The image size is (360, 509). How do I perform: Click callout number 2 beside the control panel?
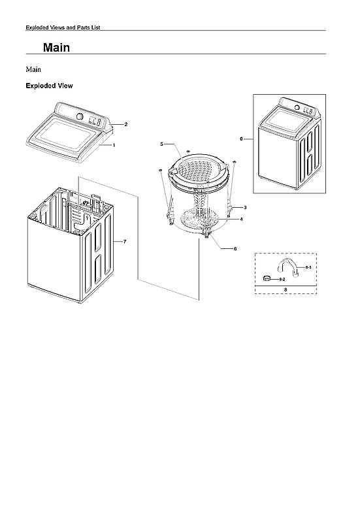[125, 124]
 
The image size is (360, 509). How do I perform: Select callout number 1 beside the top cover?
[114, 145]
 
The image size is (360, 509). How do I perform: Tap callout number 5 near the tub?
[161, 143]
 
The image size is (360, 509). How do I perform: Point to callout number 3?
[245, 207]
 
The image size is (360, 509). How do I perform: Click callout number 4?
[241, 220]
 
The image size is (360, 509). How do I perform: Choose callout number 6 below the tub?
[235, 249]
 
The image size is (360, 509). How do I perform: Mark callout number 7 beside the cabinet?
[124, 242]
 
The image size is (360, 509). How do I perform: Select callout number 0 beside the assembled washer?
[241, 139]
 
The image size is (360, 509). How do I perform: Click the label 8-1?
[309, 268]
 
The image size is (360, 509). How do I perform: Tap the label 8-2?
[282, 280]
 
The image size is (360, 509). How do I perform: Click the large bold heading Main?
[56, 48]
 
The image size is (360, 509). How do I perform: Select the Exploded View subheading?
[49, 86]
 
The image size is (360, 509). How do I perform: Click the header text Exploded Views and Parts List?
[62, 27]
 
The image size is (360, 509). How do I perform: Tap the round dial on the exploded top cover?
[79, 116]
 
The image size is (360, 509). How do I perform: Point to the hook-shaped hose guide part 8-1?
[291, 267]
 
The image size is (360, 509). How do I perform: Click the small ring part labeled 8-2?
[267, 279]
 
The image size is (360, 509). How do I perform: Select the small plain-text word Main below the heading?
[34, 69]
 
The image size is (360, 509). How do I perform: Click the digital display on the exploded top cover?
[94, 121]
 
